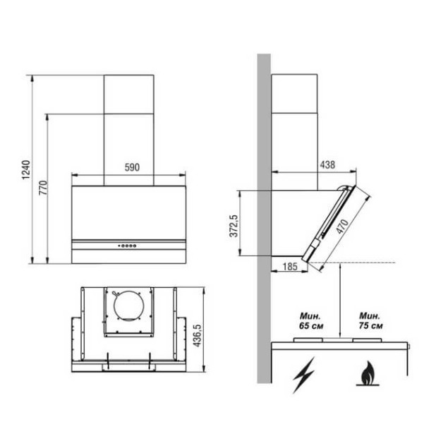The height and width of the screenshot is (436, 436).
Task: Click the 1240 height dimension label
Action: (x=26, y=169)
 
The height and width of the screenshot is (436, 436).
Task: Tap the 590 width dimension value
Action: (x=132, y=168)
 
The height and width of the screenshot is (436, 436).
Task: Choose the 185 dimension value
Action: (x=289, y=267)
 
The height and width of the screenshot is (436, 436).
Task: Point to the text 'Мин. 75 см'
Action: (x=370, y=321)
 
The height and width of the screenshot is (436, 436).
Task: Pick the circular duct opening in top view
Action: (x=129, y=308)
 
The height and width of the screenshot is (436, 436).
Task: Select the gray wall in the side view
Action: (x=263, y=212)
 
